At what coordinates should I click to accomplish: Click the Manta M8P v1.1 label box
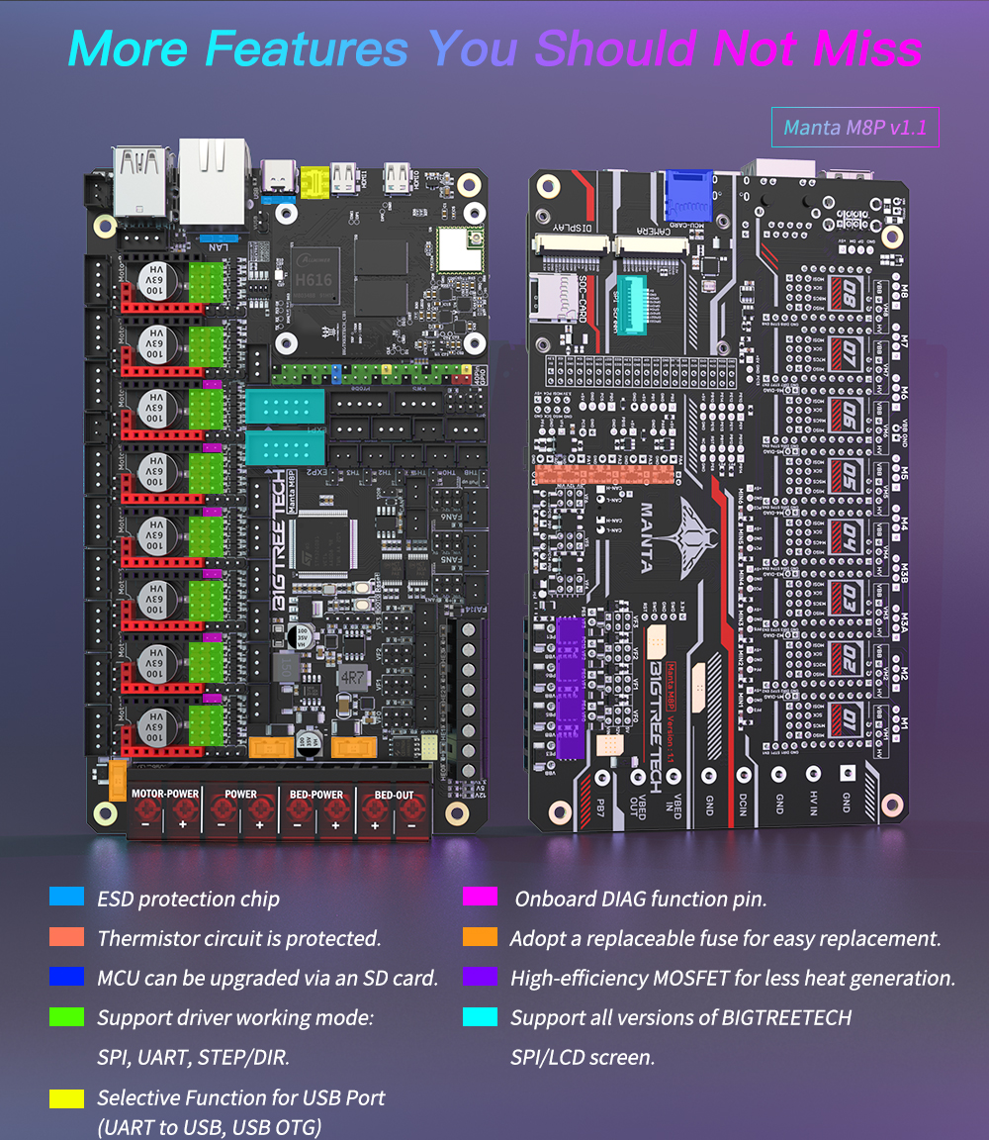854,128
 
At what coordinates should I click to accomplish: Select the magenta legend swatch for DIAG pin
480,898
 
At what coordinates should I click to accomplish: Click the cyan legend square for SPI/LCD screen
480,1017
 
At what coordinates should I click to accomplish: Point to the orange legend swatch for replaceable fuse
480,937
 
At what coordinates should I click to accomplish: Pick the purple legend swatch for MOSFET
480,977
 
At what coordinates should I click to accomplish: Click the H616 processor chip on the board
314,274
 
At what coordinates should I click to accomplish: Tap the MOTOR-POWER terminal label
165,794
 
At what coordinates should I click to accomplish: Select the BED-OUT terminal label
393,794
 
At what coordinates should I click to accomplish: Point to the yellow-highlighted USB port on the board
315,180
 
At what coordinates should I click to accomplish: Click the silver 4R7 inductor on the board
350,680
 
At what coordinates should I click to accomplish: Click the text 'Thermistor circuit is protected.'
238,937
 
